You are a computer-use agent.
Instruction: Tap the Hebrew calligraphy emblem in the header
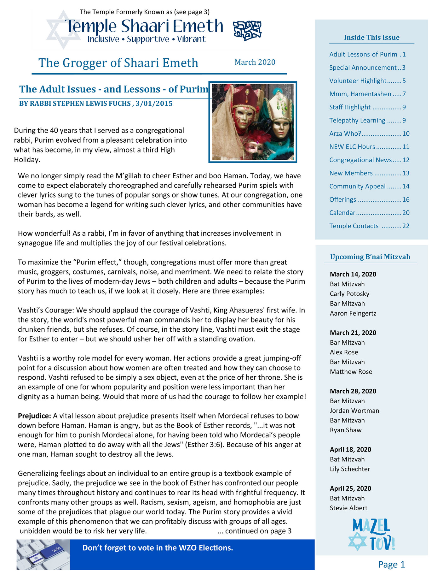(247, 31)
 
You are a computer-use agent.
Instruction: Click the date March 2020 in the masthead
(255, 62)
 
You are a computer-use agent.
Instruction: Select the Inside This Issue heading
(371, 38)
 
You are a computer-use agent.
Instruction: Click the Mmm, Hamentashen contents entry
(360, 94)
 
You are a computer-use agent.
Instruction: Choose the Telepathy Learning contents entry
(357, 121)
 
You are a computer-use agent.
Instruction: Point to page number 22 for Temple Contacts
(406, 226)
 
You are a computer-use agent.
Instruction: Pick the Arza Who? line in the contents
(345, 134)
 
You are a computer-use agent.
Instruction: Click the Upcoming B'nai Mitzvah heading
(370, 257)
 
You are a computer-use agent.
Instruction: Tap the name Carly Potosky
(349, 294)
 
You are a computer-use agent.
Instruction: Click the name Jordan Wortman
(354, 411)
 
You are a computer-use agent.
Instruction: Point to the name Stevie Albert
(348, 508)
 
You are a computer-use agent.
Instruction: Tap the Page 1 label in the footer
(391, 564)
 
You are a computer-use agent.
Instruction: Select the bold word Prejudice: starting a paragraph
(34, 416)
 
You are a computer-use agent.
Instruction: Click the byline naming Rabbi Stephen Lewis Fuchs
(96, 104)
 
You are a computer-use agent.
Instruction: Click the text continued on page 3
(254, 531)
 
